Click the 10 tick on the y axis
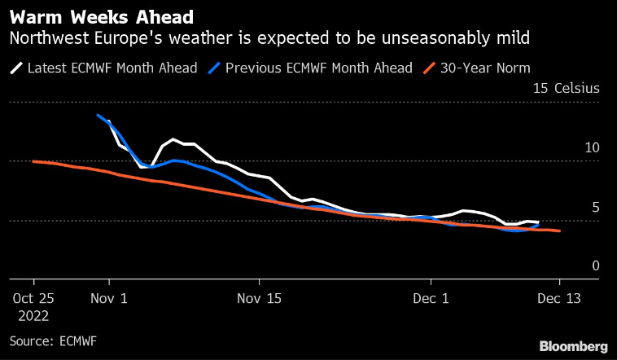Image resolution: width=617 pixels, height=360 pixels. tap(591, 148)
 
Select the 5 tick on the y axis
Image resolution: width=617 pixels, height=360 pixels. tap(595, 208)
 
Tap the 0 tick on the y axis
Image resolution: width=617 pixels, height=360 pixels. tap(595, 266)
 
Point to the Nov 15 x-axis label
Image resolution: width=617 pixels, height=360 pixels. tap(260, 298)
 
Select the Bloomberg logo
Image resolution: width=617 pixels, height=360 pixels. tap(567, 346)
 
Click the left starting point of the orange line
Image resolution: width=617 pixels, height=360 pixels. tap(33, 161)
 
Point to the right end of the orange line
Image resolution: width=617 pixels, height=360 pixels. tap(559, 231)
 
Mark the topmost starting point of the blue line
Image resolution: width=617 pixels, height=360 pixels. tap(98, 115)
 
